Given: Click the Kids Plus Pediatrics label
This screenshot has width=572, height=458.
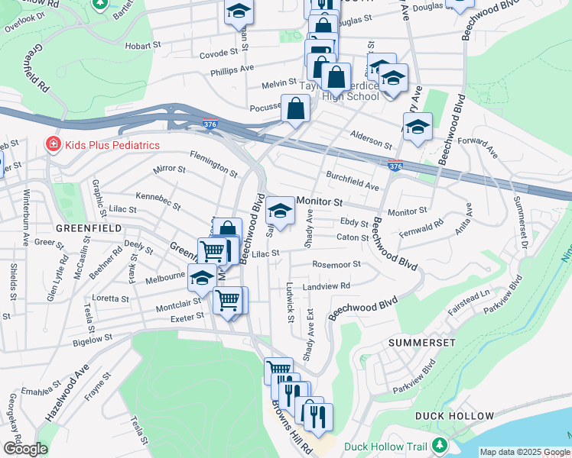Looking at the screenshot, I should tap(112, 145).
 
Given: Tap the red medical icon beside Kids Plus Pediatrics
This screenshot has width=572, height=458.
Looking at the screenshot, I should tap(53, 144).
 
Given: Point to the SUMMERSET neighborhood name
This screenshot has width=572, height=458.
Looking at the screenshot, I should tap(421, 343).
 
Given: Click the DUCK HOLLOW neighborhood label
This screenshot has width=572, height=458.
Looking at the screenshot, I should tap(454, 416).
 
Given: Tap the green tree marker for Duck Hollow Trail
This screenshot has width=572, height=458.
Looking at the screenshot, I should tap(439, 446).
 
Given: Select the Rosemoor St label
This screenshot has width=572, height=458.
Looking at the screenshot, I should tap(336, 265).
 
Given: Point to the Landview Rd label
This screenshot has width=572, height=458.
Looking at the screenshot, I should tap(326, 286).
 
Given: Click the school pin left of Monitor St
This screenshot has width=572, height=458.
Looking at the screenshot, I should tap(281, 211).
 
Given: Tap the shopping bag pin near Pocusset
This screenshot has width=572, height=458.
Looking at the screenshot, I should tap(295, 108).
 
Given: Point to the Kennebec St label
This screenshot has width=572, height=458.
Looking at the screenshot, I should tap(158, 202).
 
